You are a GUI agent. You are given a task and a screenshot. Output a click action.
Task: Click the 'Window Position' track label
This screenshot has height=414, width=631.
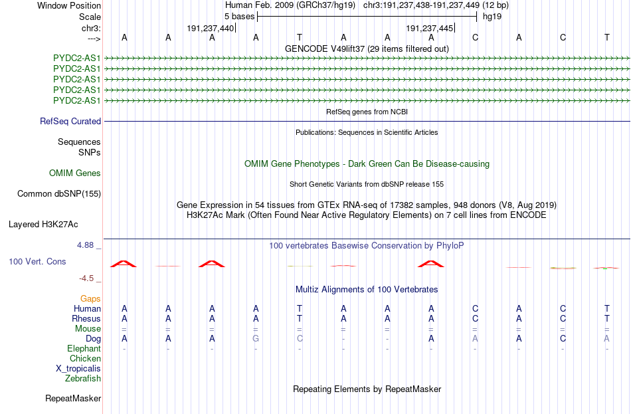(x=69, y=5)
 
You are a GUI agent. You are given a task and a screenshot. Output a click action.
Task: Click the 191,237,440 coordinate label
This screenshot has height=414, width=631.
(x=210, y=28)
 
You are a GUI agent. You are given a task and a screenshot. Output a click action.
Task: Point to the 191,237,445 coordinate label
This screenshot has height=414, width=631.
(x=429, y=28)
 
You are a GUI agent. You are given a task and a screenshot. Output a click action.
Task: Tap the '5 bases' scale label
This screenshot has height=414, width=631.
(x=239, y=17)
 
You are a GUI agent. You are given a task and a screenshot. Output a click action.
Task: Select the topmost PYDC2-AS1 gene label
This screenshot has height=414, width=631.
(x=76, y=58)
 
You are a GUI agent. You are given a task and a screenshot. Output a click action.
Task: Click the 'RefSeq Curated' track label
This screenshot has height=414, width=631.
(x=70, y=121)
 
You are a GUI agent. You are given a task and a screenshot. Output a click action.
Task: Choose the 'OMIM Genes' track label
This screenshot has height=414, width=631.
(x=75, y=173)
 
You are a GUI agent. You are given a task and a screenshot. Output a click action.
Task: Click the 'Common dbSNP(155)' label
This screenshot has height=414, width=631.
(x=59, y=194)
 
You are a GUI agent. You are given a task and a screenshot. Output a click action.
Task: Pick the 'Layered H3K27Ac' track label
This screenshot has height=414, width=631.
(x=43, y=225)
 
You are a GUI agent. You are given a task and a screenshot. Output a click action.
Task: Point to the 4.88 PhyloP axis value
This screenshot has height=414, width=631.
(x=85, y=245)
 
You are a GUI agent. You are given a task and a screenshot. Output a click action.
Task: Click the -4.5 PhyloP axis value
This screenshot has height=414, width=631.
(x=86, y=278)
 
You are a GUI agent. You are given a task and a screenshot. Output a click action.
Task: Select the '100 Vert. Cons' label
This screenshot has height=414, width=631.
(x=37, y=261)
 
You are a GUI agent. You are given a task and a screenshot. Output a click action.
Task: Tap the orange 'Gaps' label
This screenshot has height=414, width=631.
(x=90, y=298)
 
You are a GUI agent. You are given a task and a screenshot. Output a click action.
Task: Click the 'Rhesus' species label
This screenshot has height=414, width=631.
(x=86, y=318)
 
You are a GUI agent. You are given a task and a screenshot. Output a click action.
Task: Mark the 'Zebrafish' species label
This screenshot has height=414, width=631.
(x=83, y=379)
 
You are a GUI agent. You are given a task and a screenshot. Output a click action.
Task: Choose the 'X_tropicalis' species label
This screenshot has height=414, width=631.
(x=78, y=369)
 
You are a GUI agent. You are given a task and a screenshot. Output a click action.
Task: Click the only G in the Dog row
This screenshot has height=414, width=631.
(x=256, y=339)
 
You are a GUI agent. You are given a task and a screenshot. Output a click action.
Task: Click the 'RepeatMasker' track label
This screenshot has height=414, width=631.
(x=73, y=398)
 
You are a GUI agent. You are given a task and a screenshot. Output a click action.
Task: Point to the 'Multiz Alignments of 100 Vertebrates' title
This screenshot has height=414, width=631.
(x=367, y=289)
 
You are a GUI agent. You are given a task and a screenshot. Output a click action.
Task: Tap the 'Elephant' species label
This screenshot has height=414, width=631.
(x=84, y=348)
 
